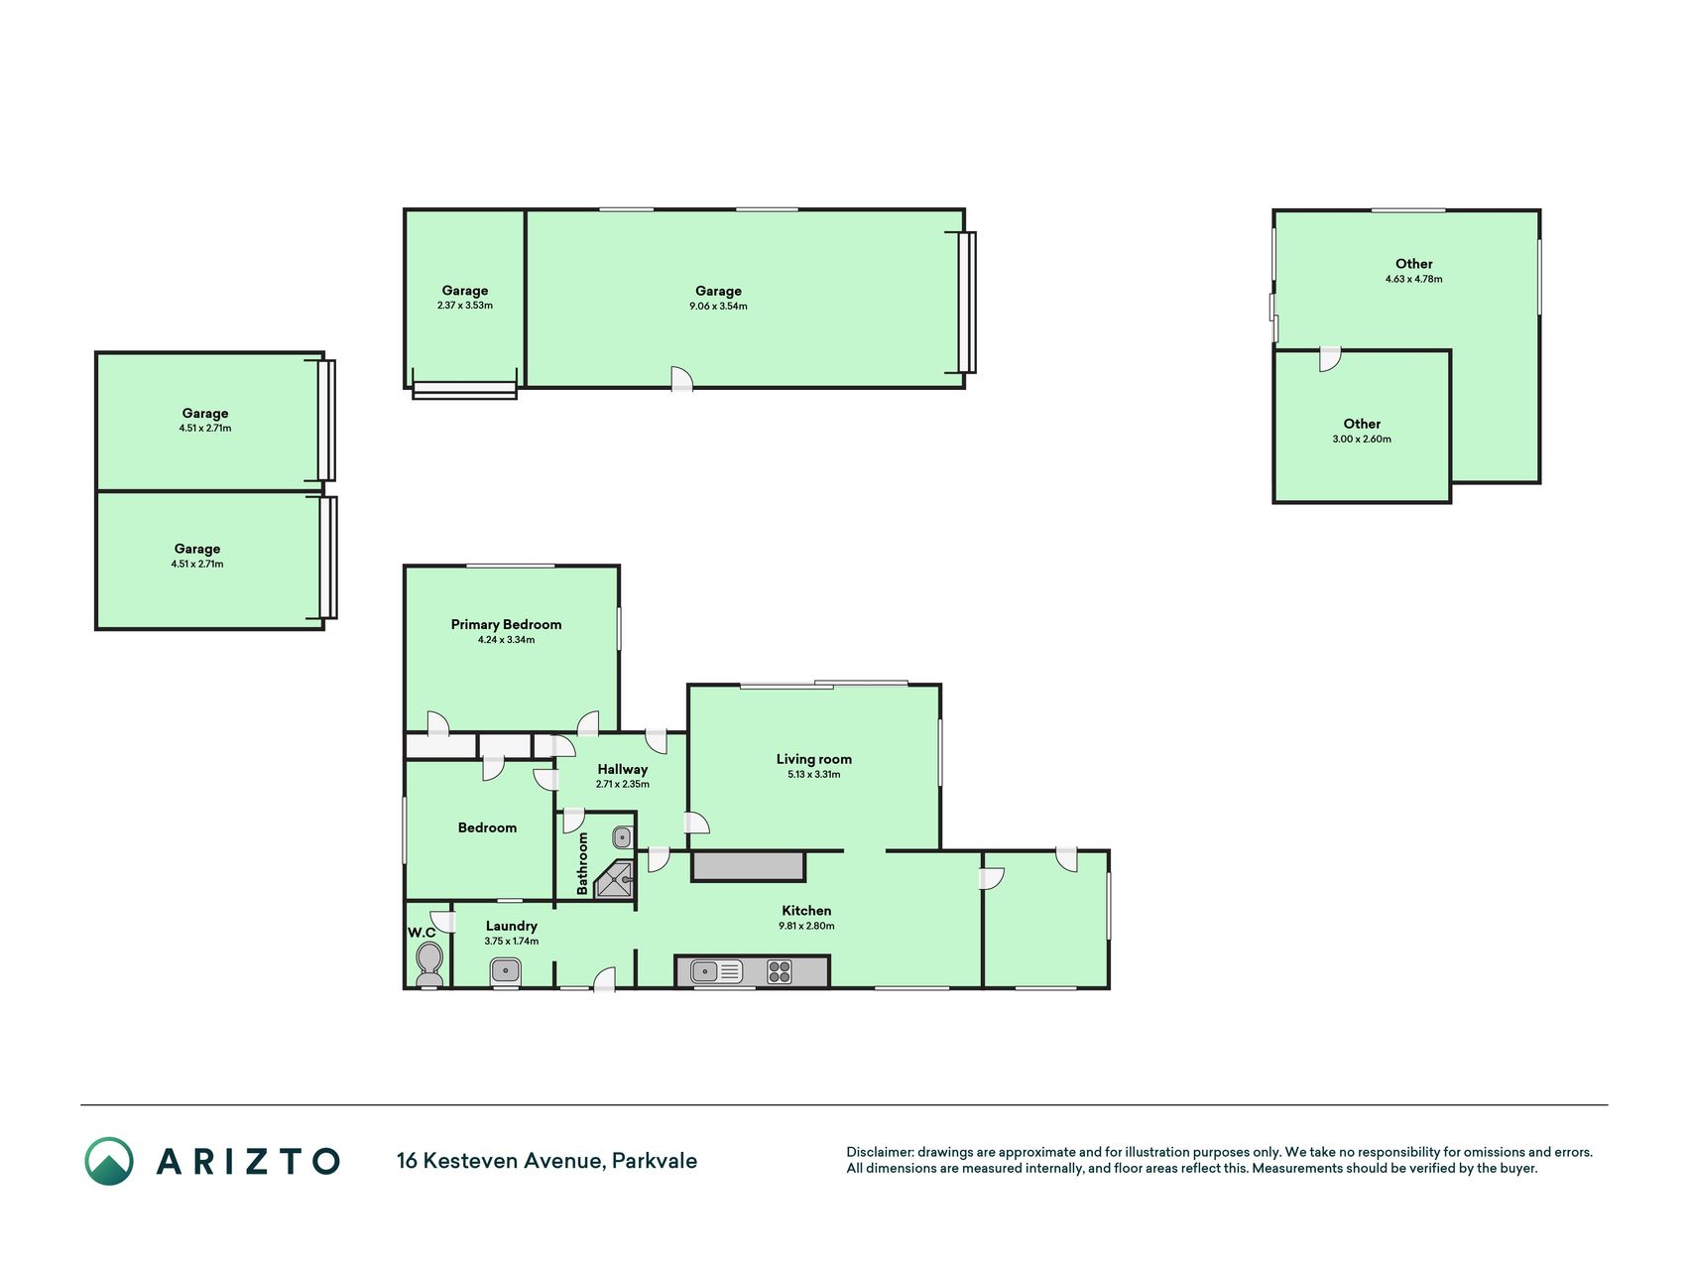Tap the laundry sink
[506, 969]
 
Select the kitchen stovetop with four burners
[780, 971]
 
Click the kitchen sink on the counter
[716, 971]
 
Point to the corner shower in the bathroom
[615, 880]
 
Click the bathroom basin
[622, 836]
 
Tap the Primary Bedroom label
[506, 624]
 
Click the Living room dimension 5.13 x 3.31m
[813, 775]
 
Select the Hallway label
[623, 769]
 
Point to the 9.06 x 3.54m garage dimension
[718, 307]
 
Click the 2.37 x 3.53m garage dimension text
[465, 306]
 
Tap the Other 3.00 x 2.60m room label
[1362, 424]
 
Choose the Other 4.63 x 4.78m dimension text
[1414, 280]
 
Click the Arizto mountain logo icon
[109, 1161]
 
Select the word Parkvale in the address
[655, 1161]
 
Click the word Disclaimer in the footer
[879, 1152]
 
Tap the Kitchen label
[806, 911]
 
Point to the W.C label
[422, 933]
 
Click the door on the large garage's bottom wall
[681, 378]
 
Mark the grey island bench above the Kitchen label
[748, 866]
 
